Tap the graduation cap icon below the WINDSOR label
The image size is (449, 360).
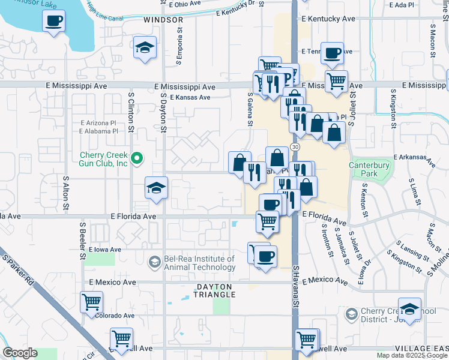coord(145,48)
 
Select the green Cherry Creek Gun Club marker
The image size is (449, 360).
coord(136,159)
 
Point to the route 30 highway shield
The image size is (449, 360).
coord(295,147)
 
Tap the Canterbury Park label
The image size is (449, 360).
coord(369,169)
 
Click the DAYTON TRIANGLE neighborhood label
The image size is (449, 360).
coord(218,290)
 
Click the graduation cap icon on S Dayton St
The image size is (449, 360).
coord(156,188)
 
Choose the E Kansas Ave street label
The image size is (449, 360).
coord(190,97)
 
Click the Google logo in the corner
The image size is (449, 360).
coord(20,353)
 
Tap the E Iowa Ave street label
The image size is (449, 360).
coord(106,249)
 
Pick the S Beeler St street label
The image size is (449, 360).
coord(82,240)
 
